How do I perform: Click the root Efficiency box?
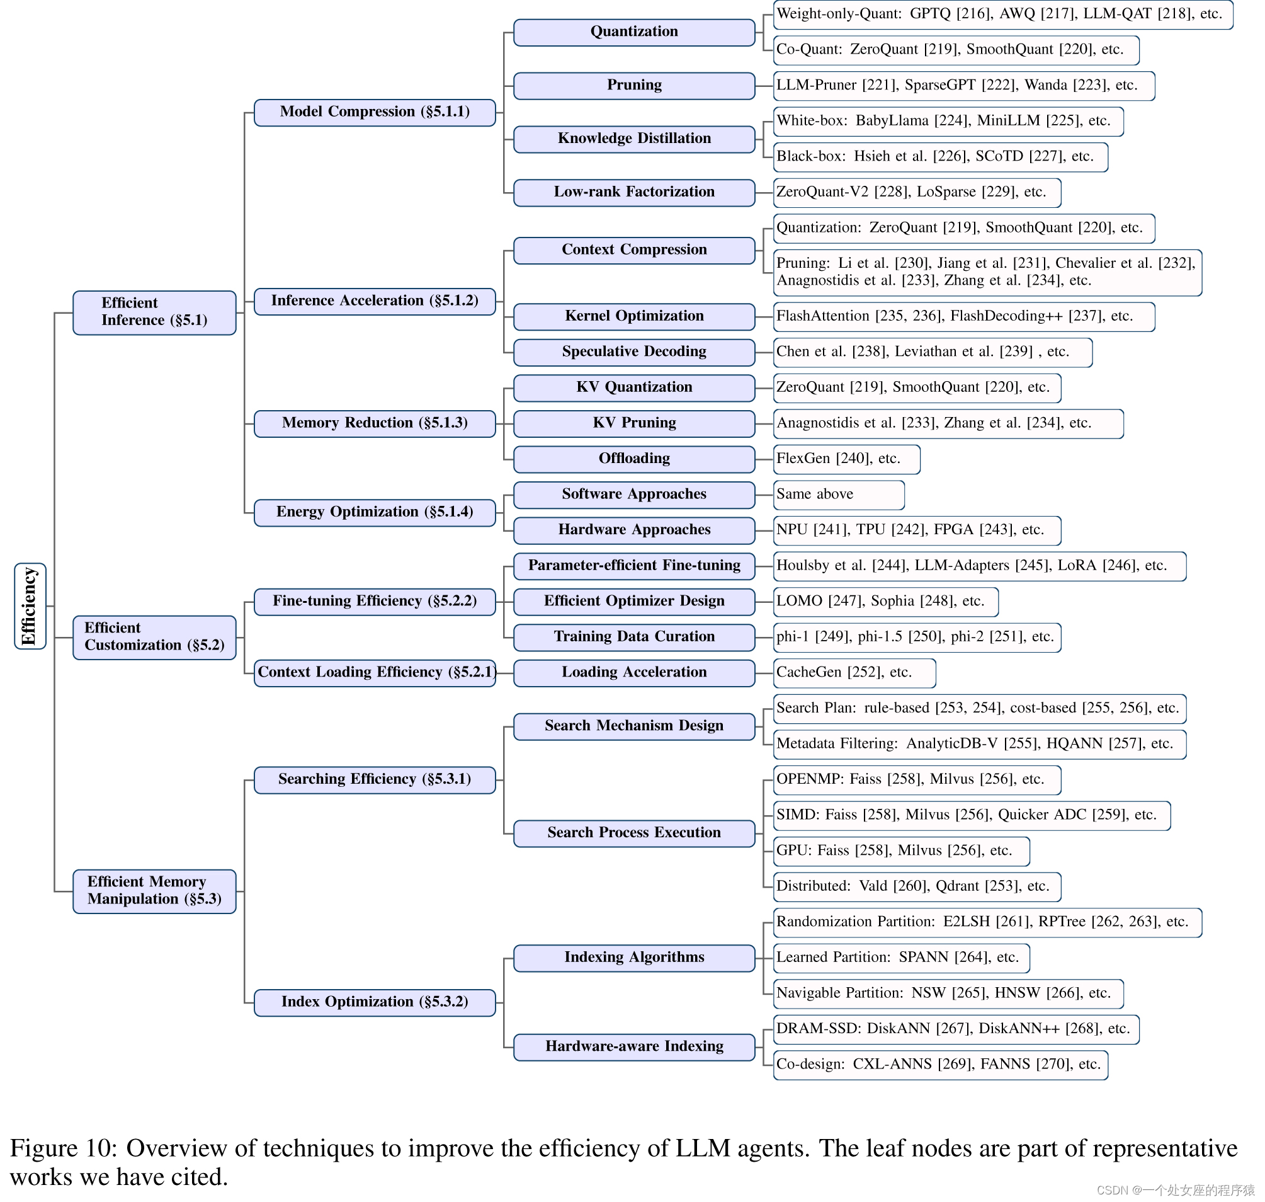click(30, 606)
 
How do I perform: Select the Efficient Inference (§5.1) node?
click(154, 312)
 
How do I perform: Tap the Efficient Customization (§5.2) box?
click(154, 638)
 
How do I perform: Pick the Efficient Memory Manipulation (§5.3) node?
click(154, 891)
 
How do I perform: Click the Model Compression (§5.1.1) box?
click(375, 112)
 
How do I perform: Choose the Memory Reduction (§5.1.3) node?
click(375, 423)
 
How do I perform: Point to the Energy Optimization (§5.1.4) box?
click(375, 513)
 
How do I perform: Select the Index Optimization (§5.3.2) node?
click(375, 1003)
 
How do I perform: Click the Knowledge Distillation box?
click(634, 139)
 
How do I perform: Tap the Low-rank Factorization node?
click(634, 192)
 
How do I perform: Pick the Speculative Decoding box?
click(634, 352)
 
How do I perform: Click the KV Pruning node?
click(634, 423)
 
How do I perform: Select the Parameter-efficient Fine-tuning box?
click(634, 566)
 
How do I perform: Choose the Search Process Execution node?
click(634, 833)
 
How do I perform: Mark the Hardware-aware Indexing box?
click(634, 1047)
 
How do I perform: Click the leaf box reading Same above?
click(839, 495)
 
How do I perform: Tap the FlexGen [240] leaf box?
click(846, 459)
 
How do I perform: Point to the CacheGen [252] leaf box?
click(854, 673)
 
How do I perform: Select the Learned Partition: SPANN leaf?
click(900, 958)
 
